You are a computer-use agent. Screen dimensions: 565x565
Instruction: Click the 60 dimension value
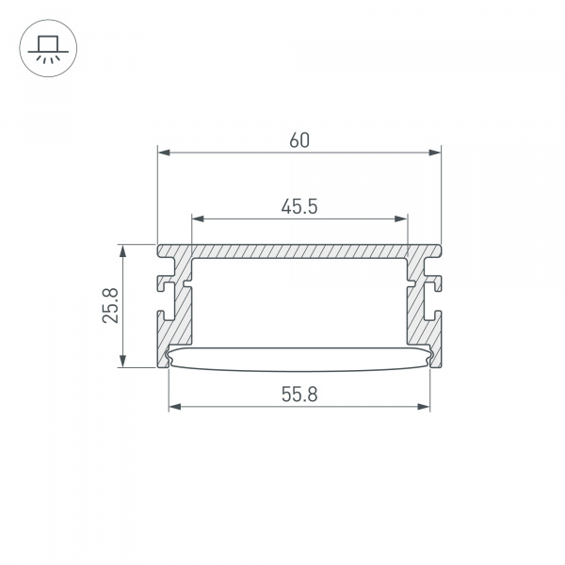[299, 140]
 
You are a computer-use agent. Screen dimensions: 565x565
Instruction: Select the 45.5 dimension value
[298, 206]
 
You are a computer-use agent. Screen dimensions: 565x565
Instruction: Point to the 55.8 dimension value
[299, 395]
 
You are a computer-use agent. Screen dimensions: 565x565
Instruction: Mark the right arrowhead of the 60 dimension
[436, 152]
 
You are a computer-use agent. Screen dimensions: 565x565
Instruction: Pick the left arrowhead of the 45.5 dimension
[197, 218]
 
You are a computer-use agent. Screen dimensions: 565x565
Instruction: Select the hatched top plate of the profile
[299, 252]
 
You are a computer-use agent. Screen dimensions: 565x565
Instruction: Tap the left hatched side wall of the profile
[179, 320]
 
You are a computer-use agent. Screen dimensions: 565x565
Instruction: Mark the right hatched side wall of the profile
[419, 320]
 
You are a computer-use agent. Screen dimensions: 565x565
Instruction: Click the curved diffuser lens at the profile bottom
[299, 359]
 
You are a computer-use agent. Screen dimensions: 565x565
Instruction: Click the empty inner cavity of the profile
[299, 301]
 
